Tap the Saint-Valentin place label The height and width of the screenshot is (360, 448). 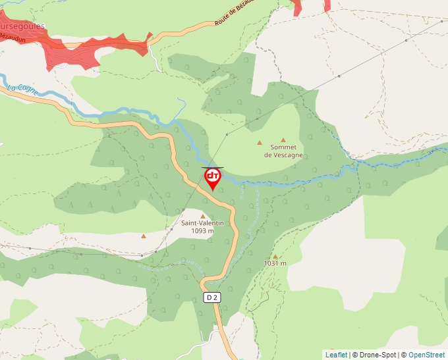pos(202,223)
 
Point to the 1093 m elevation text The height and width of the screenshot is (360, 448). pos(202,231)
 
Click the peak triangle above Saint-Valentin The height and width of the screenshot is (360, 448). pos(202,216)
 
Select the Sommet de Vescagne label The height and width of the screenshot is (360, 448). pos(283,151)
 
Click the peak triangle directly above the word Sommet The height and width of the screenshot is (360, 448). pos(283,140)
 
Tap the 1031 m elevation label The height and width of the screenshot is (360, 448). pos(275,263)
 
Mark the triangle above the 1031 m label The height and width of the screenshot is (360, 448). pos(275,256)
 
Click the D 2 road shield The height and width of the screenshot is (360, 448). pos(211,297)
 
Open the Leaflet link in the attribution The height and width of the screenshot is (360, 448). pos(336,355)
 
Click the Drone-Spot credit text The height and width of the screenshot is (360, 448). pos(377,355)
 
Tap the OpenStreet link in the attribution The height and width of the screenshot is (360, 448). pos(426,355)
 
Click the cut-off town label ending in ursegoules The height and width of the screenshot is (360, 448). pos(22,26)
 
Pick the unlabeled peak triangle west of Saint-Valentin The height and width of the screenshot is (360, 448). pos(143,236)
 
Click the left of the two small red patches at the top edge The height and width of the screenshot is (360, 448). pos(297,7)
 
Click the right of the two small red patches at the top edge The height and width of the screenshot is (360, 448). pos(327,5)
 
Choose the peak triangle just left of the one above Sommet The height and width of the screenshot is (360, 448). pos(260,142)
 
